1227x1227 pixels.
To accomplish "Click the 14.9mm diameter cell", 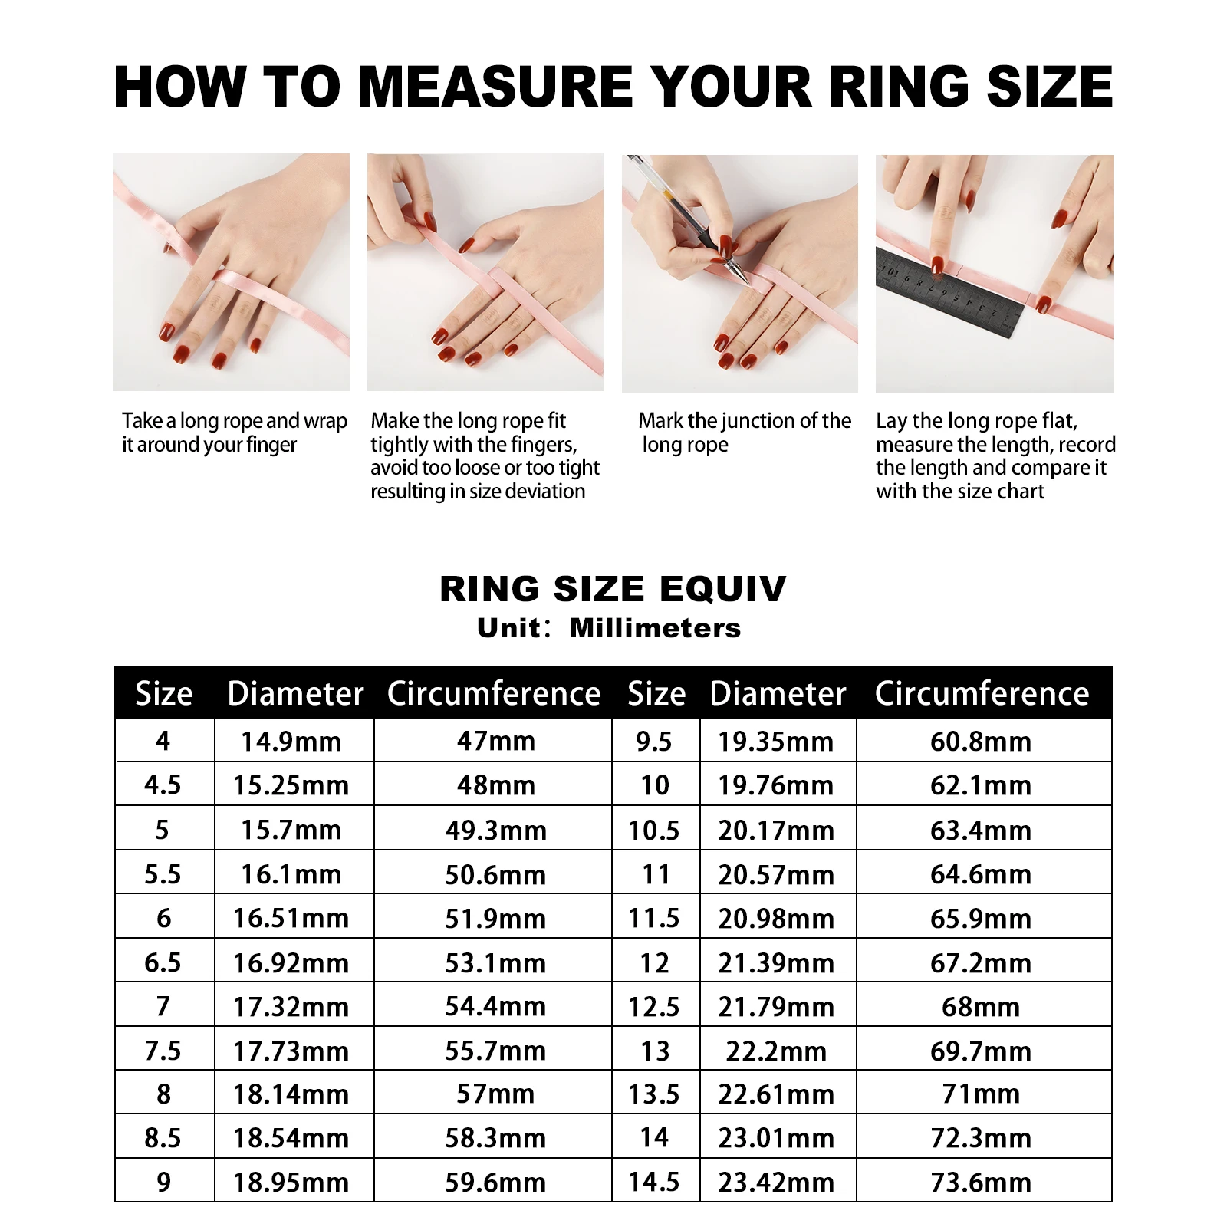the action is click(x=291, y=742).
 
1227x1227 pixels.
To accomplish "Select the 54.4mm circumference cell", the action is click(x=495, y=1006).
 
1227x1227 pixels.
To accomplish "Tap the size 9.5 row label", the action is click(x=654, y=742).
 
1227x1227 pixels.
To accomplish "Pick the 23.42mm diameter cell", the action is click(x=776, y=1183).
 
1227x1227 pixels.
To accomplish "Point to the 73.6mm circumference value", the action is click(x=981, y=1183).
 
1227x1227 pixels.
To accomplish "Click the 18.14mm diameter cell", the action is click(x=291, y=1094).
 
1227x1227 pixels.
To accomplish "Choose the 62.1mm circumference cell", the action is click(x=981, y=785).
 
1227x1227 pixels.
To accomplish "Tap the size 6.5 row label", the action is click(x=163, y=962).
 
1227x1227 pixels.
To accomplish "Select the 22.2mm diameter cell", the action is click(x=776, y=1051).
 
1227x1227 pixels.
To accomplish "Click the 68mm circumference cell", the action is click(x=981, y=1006).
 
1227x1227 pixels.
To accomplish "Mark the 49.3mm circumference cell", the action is click(x=495, y=830).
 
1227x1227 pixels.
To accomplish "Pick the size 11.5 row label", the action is click(x=654, y=918).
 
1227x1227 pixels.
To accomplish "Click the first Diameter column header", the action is click(x=295, y=693).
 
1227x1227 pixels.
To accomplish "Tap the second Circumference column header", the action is click(x=982, y=693).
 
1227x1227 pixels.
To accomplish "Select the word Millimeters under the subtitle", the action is click(x=656, y=628).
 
